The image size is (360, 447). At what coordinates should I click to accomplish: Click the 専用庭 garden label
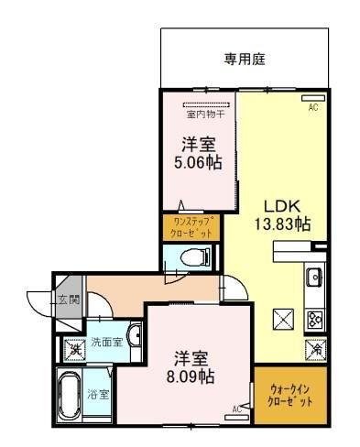pyautogui.click(x=245, y=60)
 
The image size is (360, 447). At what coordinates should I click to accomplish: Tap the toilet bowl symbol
pyautogui.click(x=194, y=256)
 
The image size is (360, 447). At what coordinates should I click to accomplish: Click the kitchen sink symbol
pyautogui.click(x=313, y=277)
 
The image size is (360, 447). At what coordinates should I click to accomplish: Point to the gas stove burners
pyautogui.click(x=314, y=319)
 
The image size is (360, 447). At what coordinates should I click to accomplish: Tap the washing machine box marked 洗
pyautogui.click(x=74, y=349)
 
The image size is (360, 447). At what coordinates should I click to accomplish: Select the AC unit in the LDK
pyautogui.click(x=313, y=98)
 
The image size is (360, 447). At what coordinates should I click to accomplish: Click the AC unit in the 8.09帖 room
pyautogui.click(x=237, y=418)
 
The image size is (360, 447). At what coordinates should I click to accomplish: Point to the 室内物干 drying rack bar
pyautogui.click(x=206, y=104)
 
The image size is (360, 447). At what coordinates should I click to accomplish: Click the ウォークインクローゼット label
pyautogui.click(x=290, y=396)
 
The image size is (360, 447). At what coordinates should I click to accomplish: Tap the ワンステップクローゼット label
pyautogui.click(x=191, y=227)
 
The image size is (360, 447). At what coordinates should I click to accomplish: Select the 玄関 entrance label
pyautogui.click(x=69, y=300)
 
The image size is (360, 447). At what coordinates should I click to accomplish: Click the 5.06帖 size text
pyautogui.click(x=198, y=162)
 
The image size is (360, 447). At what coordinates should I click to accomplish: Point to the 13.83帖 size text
pyautogui.click(x=283, y=223)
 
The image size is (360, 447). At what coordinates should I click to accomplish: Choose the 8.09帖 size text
pyautogui.click(x=191, y=376)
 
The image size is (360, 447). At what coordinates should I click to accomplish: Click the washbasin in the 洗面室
pyautogui.click(x=136, y=334)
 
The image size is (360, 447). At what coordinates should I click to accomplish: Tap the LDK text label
pyautogui.click(x=282, y=207)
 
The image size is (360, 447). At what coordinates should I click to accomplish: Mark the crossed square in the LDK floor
pyautogui.click(x=283, y=320)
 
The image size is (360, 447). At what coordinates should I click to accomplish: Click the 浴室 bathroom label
pyautogui.click(x=98, y=395)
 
